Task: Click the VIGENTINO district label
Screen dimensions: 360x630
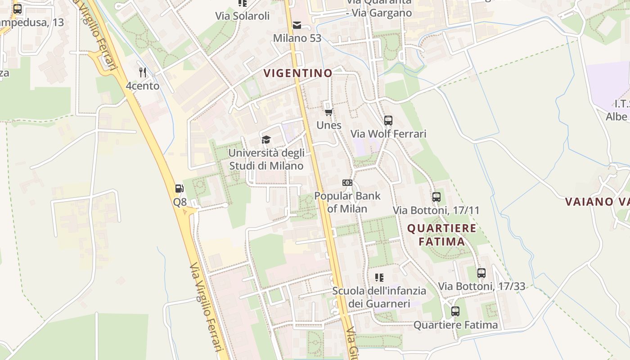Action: [x=298, y=73]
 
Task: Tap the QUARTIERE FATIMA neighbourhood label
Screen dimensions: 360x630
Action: [x=441, y=234]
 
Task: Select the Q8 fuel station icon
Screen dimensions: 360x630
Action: [x=180, y=189]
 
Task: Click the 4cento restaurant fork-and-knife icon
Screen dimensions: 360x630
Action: [x=143, y=72]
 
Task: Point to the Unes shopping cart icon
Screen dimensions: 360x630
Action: [x=329, y=112]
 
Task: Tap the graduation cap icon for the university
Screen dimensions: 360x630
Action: [x=266, y=139]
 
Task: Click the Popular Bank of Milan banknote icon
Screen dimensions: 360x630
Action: [x=347, y=183]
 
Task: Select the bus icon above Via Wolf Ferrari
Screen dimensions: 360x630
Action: [x=388, y=121]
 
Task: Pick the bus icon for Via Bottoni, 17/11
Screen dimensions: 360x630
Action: [x=436, y=197]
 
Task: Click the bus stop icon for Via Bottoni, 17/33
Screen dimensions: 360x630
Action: [x=481, y=273]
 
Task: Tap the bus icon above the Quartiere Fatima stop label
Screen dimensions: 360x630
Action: [x=455, y=311]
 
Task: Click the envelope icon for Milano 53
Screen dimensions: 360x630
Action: [x=297, y=25]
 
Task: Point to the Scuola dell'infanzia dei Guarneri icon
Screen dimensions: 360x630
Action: [x=379, y=277]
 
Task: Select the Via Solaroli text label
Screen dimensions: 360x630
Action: [x=242, y=16]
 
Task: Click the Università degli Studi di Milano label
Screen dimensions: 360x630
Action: [x=266, y=159]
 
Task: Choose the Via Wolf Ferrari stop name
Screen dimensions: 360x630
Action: [x=388, y=134]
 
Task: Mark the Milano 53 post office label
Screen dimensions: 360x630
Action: [x=297, y=38]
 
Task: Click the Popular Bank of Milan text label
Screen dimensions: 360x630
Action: [x=347, y=202]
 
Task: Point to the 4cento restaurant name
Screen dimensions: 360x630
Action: [x=143, y=85]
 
